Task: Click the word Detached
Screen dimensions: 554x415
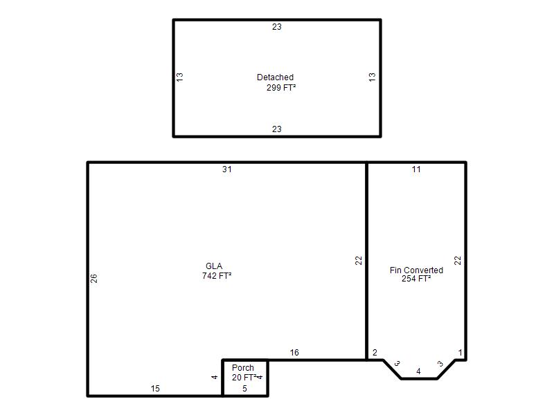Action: [275, 77]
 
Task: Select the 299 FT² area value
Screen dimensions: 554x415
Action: [281, 88]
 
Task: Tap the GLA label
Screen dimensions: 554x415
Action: [214, 266]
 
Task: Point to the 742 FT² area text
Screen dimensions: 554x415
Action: [217, 275]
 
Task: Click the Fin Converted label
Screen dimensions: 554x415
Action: [417, 270]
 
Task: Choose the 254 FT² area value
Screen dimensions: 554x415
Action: [416, 279]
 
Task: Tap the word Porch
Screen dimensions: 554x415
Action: [243, 368]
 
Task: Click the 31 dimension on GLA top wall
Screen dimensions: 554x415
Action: [227, 169]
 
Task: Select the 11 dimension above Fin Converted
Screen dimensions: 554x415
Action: [416, 169]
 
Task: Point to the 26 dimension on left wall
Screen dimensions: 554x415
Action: [93, 279]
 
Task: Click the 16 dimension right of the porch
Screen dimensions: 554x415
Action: [294, 353]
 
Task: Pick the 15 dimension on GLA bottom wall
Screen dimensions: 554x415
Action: [155, 389]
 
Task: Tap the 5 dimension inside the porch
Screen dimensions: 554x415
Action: [244, 389]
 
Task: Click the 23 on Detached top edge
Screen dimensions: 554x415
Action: [276, 27]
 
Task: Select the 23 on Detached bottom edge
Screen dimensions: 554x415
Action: [276, 129]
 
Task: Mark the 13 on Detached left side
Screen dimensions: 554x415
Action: [180, 77]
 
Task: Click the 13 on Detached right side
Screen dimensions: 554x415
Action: [373, 77]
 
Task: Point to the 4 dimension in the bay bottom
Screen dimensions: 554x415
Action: [419, 371]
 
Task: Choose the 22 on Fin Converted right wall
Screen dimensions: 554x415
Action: [458, 261]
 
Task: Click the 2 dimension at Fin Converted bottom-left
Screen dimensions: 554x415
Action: [375, 353]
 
